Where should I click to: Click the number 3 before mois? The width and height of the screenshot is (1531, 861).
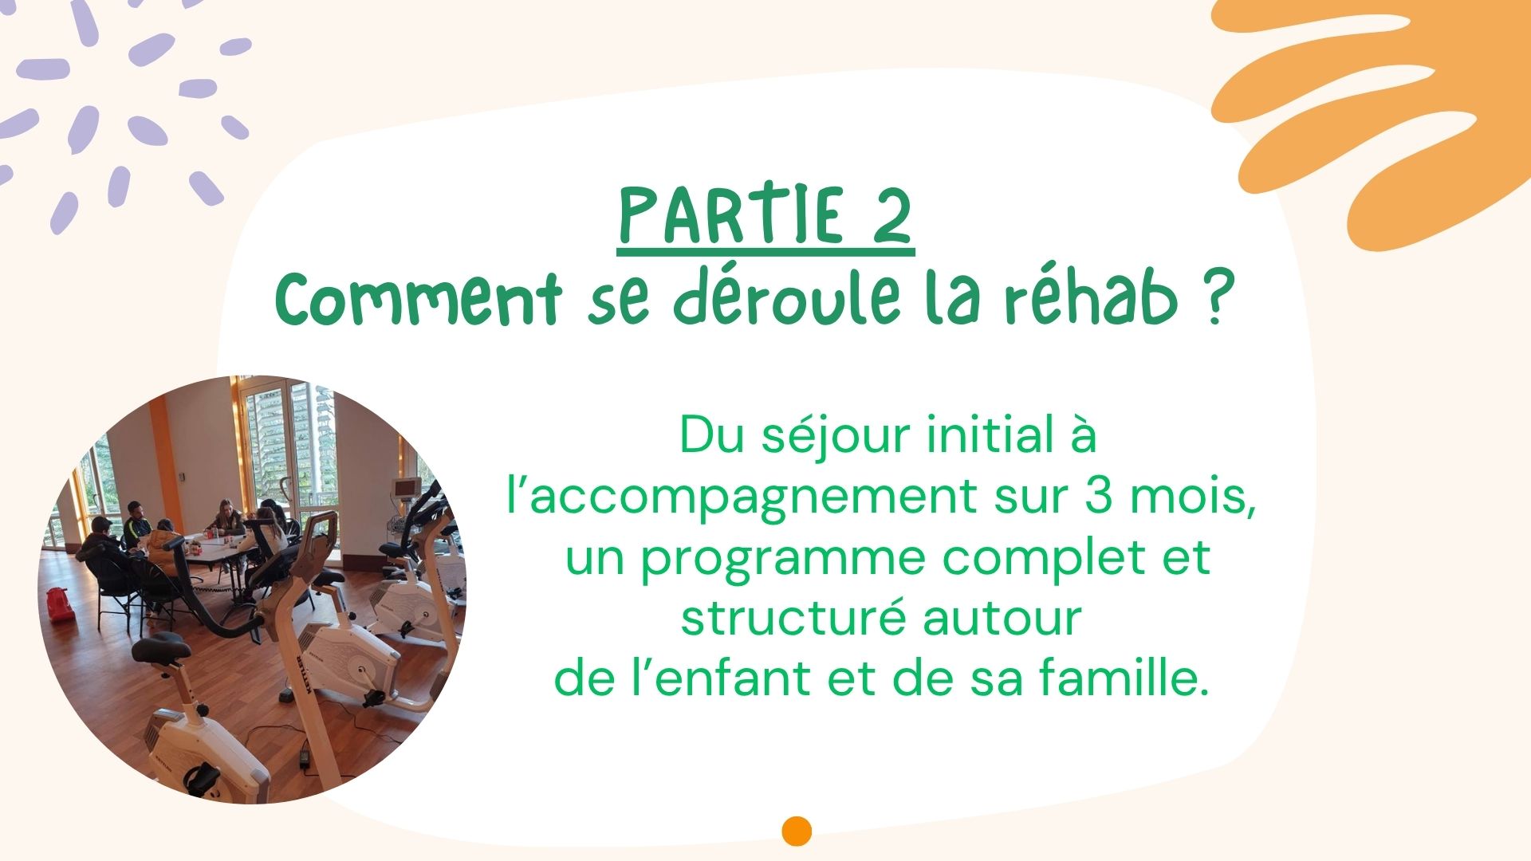1099,496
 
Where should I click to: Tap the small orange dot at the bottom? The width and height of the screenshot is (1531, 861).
797,831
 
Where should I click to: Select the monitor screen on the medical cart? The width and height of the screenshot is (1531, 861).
405,486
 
